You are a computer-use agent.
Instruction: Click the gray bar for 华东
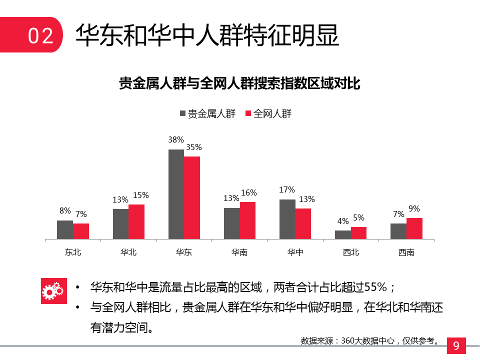coord(176,194)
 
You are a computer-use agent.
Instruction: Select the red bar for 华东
coord(191,197)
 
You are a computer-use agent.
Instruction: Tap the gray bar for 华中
coord(287,219)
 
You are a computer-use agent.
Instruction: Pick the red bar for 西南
coord(414,228)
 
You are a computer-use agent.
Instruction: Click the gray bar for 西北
coord(343,234)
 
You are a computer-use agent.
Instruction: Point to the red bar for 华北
coord(136,221)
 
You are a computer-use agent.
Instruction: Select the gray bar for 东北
coord(65,229)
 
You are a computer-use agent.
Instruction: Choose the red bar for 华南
coord(247,220)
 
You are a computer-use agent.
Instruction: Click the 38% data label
coord(176,139)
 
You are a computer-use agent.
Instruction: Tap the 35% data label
coord(193,147)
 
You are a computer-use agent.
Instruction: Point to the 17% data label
coord(287,190)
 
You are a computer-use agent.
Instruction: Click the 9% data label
coord(414,208)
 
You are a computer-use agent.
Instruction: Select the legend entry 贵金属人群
coord(207,113)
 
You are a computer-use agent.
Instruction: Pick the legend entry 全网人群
coord(268,113)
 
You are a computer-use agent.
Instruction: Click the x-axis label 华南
coord(239,252)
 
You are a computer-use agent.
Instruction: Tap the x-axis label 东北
coord(73,252)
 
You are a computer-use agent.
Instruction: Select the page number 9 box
coord(455,345)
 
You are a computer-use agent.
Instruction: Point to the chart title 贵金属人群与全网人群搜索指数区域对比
coord(240,83)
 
